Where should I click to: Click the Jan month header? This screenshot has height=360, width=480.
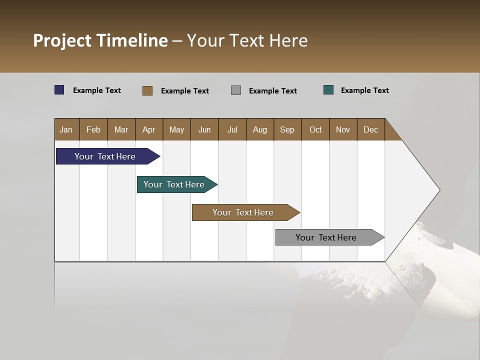point(66,129)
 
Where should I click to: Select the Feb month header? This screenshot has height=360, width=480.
point(93,129)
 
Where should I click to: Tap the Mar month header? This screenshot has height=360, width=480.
point(121,129)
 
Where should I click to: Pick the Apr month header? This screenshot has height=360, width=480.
point(149,129)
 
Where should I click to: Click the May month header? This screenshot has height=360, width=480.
point(176,129)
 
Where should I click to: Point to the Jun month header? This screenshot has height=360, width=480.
point(204,129)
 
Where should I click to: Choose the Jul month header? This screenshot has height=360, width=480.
point(232,129)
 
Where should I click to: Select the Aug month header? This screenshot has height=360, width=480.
point(260,129)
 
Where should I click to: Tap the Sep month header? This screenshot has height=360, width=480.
point(287,129)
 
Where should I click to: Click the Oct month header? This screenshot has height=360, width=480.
point(315,129)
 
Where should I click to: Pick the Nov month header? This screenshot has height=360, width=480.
point(343,129)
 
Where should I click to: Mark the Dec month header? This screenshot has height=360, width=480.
point(371,129)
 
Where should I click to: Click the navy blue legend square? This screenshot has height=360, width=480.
point(59,90)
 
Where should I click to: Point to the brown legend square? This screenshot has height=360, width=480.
point(147,90)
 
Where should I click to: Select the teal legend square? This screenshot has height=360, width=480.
point(328,90)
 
